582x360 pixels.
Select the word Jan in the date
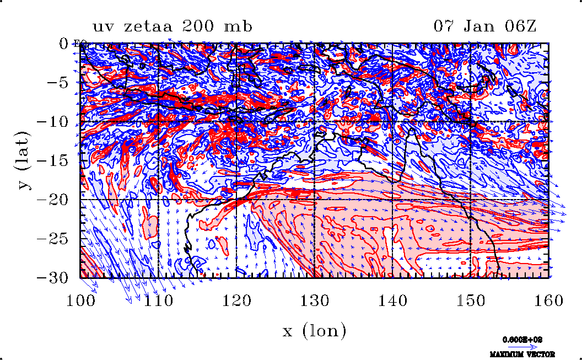click(486, 26)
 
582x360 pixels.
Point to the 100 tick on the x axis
click(81, 300)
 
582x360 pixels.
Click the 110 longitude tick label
click(159, 300)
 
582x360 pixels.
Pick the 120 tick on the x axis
click(236, 300)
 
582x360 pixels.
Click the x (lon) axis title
click(314, 331)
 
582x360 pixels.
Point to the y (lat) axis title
click(24, 160)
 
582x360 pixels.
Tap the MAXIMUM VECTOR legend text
click(522, 354)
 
